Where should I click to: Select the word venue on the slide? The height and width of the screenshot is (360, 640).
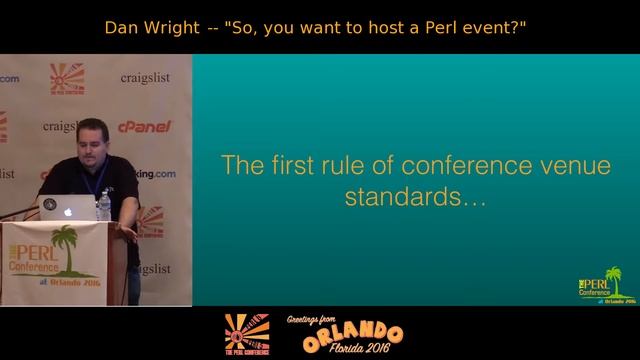pos(573,165)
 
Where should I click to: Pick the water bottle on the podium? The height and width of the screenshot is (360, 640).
pos(104,204)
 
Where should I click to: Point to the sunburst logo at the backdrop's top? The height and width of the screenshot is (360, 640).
pos(67,77)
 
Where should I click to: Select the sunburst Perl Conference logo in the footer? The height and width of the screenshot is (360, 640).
pos(246,332)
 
